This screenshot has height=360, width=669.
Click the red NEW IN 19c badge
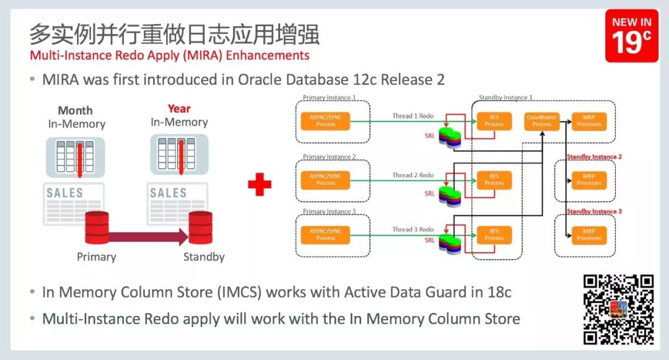pyautogui.click(x=631, y=36)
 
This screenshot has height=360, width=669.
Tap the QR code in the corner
pyautogui.click(x=618, y=309)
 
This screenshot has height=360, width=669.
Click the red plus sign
pyautogui.click(x=260, y=185)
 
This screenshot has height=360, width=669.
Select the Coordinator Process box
pyautogui.click(x=541, y=120)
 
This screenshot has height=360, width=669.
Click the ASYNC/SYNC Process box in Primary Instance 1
pyautogui.click(x=325, y=120)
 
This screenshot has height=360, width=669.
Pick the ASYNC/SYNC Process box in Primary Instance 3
pyautogui.click(x=325, y=234)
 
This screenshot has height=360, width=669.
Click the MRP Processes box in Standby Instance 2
pyautogui.click(x=588, y=180)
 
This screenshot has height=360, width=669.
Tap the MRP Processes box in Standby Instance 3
pyautogui.click(x=588, y=234)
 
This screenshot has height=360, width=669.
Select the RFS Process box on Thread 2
pyautogui.click(x=494, y=180)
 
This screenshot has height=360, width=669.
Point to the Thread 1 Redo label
pyautogui.click(x=413, y=116)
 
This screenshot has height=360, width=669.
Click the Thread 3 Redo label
pyautogui.click(x=413, y=229)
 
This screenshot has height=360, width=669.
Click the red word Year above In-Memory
pyautogui.click(x=179, y=109)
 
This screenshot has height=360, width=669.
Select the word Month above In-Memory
pyautogui.click(x=75, y=110)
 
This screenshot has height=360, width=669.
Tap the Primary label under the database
pyautogui.click(x=96, y=257)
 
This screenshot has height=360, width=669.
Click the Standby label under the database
pyautogui.click(x=204, y=257)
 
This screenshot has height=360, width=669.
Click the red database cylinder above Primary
pyautogui.click(x=97, y=227)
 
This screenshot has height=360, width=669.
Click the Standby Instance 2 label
pyautogui.click(x=593, y=157)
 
